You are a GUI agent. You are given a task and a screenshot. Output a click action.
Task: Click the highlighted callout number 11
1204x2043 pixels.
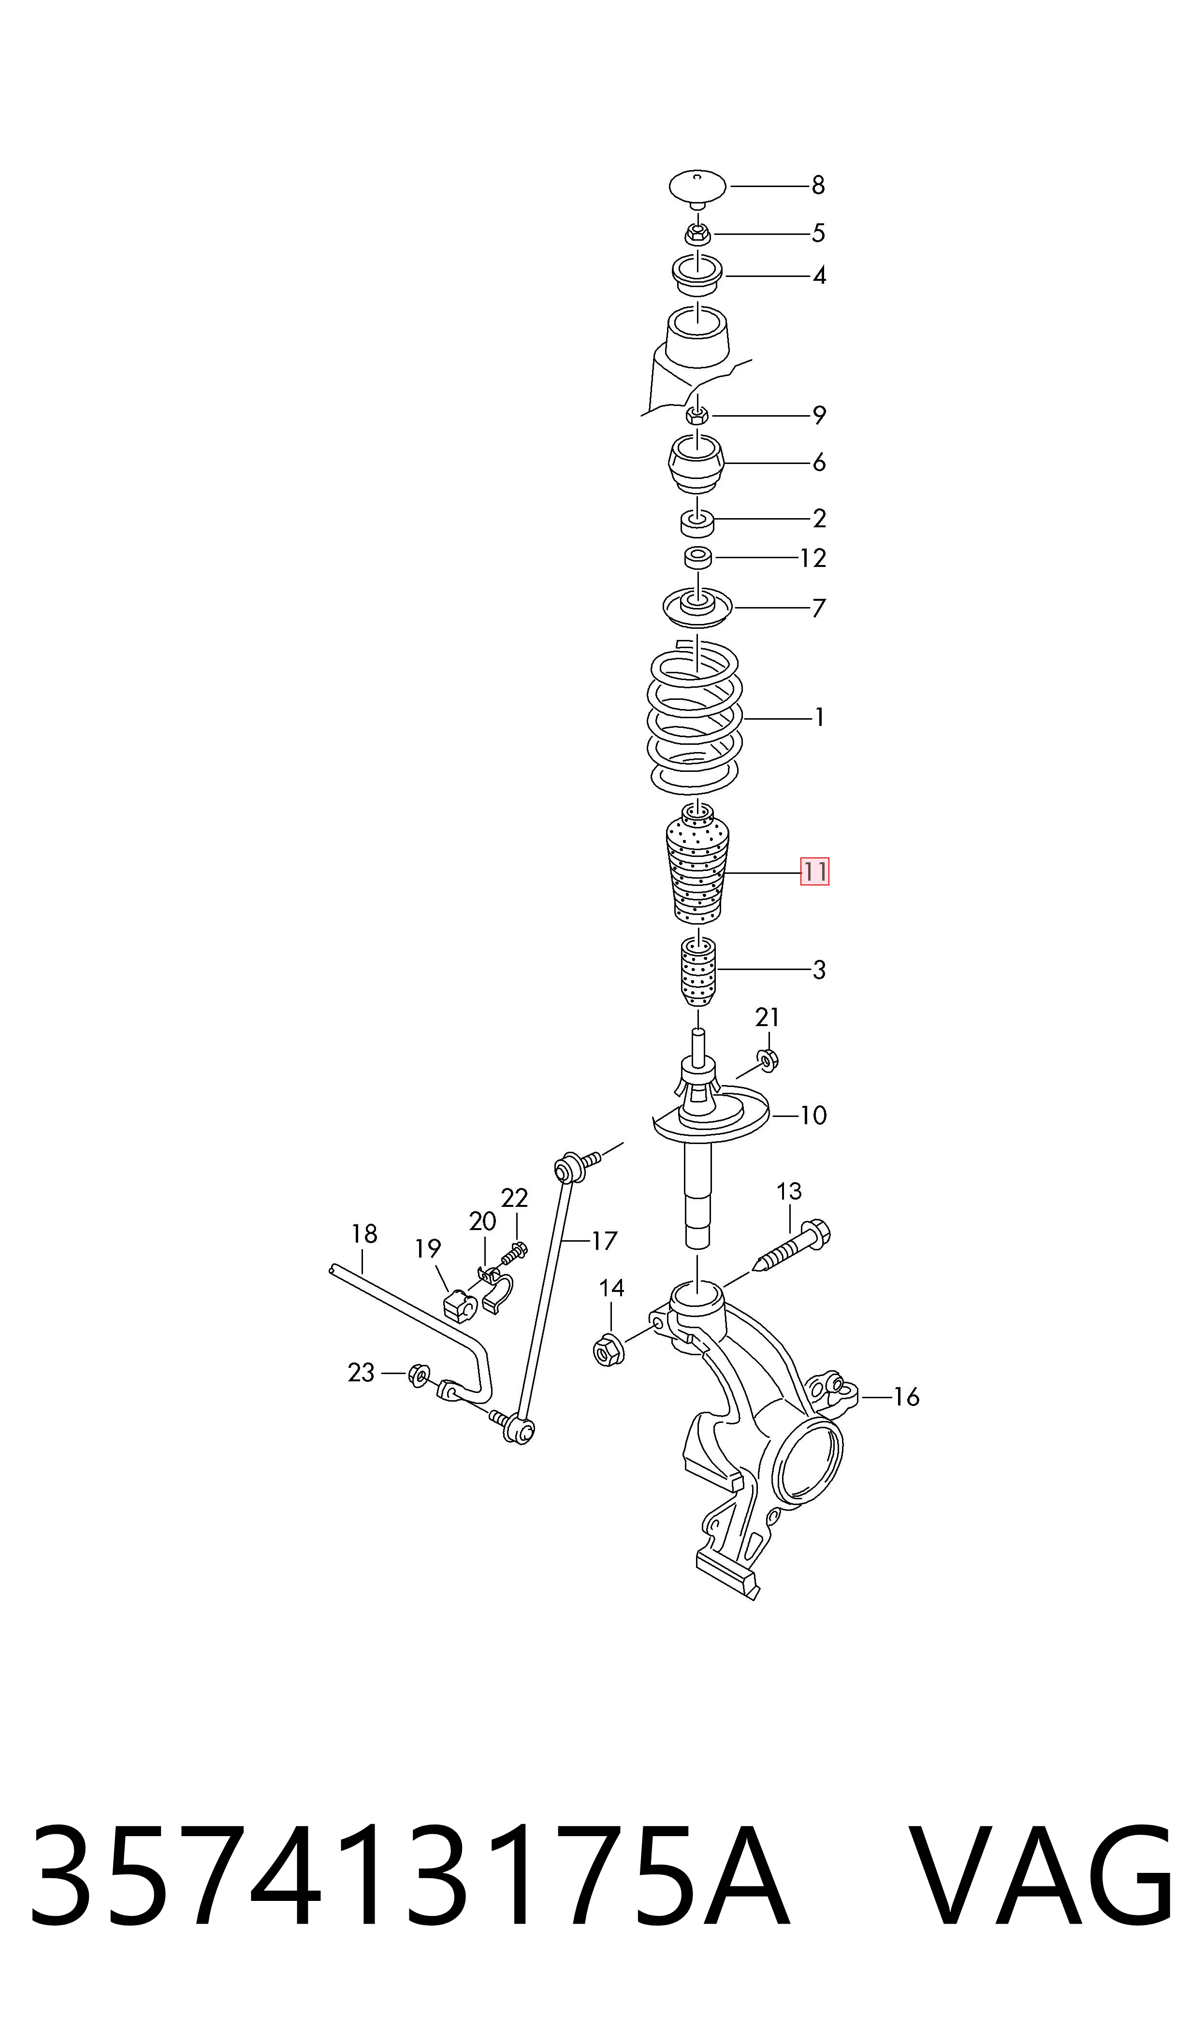(814, 872)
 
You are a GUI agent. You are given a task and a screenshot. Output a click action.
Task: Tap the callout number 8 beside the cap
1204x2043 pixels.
(818, 186)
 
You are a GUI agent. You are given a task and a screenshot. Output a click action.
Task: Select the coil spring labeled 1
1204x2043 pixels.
(695, 716)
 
